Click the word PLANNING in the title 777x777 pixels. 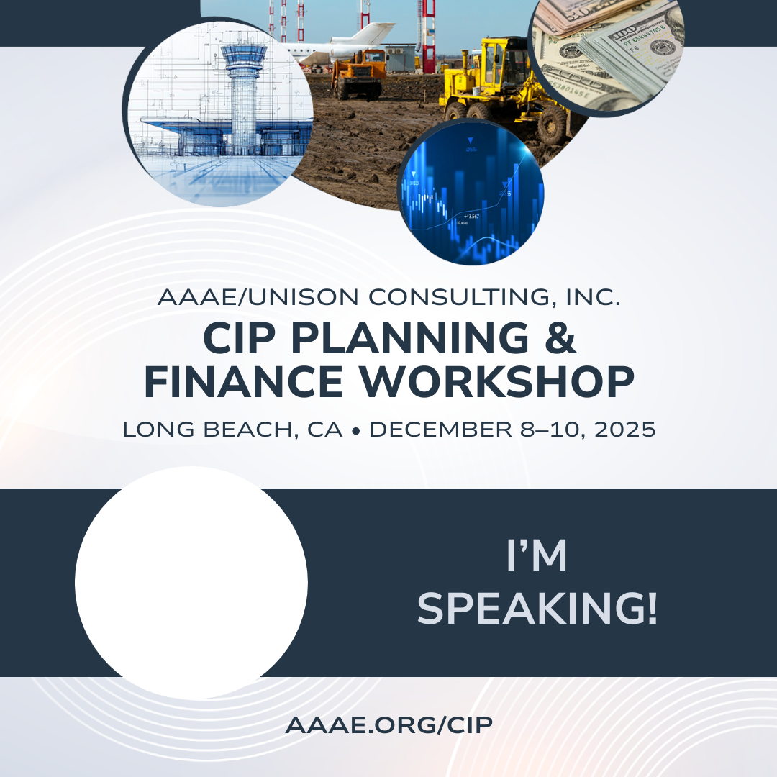(x=410, y=338)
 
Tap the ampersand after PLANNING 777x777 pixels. (x=561, y=338)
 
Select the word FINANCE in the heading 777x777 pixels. (x=243, y=382)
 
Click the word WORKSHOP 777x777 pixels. (x=496, y=382)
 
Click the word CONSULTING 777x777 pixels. (x=459, y=297)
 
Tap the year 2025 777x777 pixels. (x=625, y=430)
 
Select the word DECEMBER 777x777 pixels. (x=440, y=430)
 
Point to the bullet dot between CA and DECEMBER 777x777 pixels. (x=355, y=432)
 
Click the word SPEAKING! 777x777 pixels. (x=537, y=608)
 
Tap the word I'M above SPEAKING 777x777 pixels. (x=537, y=555)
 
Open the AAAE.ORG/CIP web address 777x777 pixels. (x=389, y=725)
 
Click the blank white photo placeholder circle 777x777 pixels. (x=191, y=583)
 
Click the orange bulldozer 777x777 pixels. (x=359, y=74)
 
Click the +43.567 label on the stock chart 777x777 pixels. (x=471, y=216)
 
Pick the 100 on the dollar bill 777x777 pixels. (x=622, y=35)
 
